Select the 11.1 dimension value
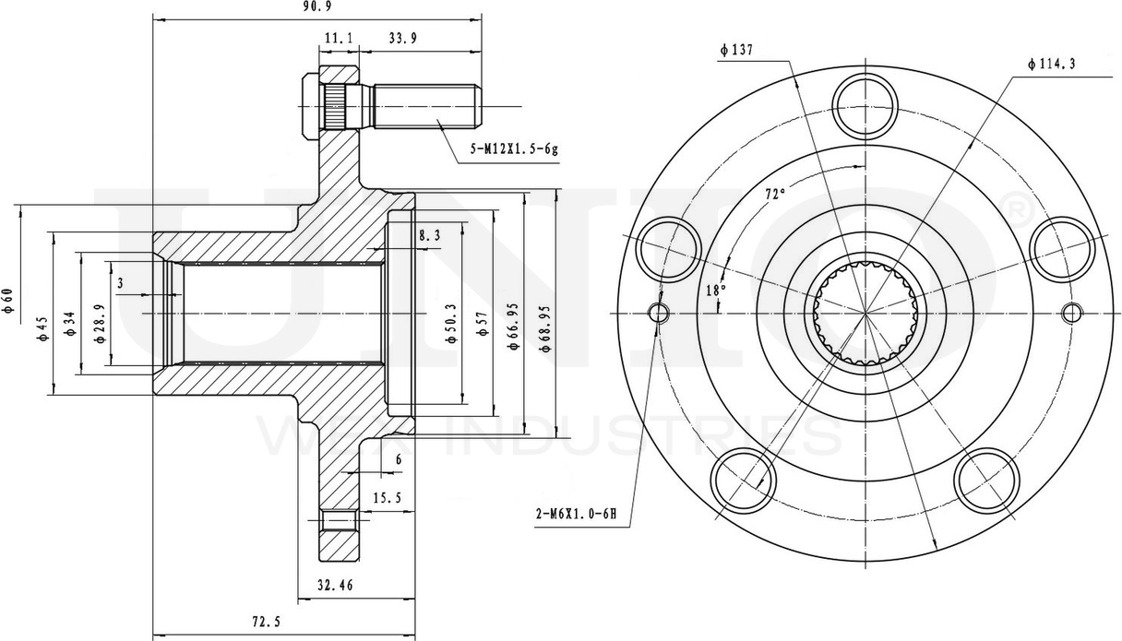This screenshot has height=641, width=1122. point(338,38)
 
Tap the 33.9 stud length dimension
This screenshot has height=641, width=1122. point(402,38)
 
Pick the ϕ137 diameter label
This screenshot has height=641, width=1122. point(738,50)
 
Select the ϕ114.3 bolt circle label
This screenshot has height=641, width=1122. point(1051,64)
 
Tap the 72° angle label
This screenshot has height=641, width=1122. point(775,195)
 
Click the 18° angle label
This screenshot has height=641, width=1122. point(715,290)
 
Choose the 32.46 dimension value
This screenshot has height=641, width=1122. point(335,585)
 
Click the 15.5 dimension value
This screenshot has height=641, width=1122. point(387,498)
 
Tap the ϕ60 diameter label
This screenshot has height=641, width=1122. point(8,303)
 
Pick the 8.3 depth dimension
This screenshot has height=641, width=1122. point(429,236)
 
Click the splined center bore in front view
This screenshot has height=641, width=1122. point(865,312)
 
